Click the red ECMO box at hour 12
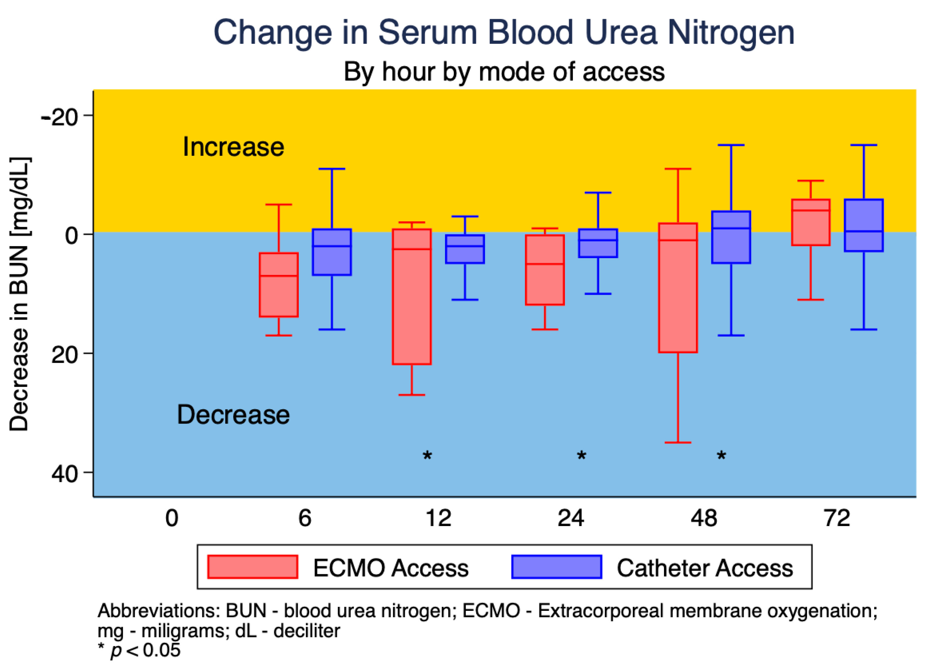pyautogui.click(x=412, y=297)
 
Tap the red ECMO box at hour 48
pyautogui.click(x=678, y=288)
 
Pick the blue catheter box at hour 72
pyautogui.click(x=864, y=225)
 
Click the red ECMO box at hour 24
pyautogui.click(x=545, y=270)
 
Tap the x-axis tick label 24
pyautogui.click(x=571, y=518)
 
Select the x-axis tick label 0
pyautogui.click(x=172, y=518)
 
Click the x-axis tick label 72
pyautogui.click(x=837, y=518)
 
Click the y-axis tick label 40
pyautogui.click(x=64, y=475)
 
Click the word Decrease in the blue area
pyautogui.click(x=233, y=414)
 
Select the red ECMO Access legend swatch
pyautogui.click(x=253, y=567)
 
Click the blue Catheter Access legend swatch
pyautogui.click(x=557, y=567)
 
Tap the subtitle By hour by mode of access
pyautogui.click(x=504, y=72)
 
